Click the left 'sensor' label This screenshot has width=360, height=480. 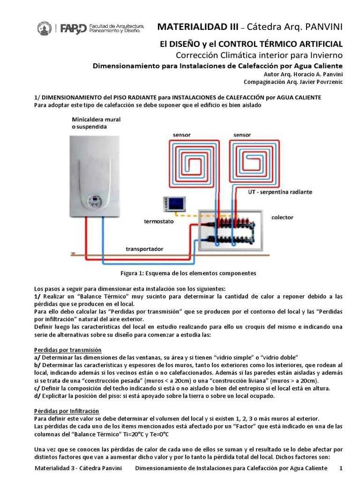click(182, 134)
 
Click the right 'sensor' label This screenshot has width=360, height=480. click(242, 134)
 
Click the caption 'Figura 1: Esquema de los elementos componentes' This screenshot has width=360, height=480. click(189, 273)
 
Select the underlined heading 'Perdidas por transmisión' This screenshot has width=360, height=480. click(68, 350)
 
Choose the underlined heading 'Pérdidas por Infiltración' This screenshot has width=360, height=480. click(67, 410)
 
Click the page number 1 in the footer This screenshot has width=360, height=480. click(341, 468)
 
